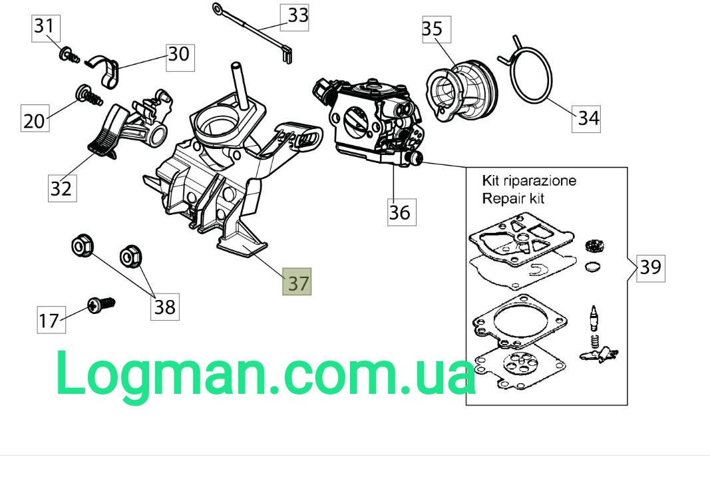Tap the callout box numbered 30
click(180, 57)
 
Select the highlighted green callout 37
click(297, 281)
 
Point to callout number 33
click(294, 18)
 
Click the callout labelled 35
click(437, 29)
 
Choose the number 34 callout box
click(586, 119)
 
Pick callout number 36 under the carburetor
click(402, 212)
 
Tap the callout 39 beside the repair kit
click(651, 268)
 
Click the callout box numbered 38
click(165, 307)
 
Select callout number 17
click(51, 320)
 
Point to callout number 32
click(63, 188)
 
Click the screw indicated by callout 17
click(101, 305)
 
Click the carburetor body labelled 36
click(371, 122)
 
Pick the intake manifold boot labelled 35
click(461, 90)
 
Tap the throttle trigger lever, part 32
click(106, 131)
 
